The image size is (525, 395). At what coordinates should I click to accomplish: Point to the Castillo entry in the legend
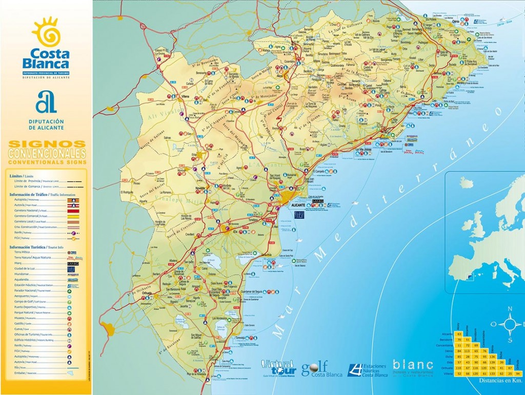pyautogui.click(x=22, y=323)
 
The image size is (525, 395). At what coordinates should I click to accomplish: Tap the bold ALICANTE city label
pyautogui.click(x=298, y=205)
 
